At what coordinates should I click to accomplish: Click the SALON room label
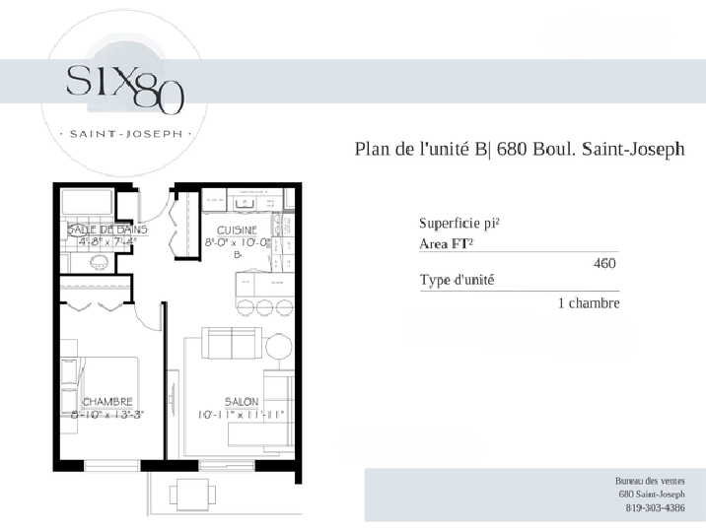[242, 401]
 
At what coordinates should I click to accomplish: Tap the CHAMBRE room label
[107, 401]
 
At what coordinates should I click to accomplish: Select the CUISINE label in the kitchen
[237, 231]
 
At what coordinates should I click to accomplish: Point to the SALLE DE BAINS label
[107, 230]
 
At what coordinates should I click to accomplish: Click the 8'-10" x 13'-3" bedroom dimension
[107, 415]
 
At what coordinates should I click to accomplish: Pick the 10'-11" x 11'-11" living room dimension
[242, 415]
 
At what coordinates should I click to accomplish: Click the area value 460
[604, 263]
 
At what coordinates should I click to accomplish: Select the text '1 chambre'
[589, 303]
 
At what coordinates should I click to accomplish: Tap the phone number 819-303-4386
[655, 508]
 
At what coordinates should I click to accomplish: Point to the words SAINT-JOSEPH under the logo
[126, 134]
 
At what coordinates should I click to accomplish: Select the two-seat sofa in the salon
[232, 343]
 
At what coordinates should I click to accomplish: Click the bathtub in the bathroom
[87, 202]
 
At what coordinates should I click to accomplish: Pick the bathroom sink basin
[99, 262]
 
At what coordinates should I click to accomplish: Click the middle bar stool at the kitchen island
[264, 307]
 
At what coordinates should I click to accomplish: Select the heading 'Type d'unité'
[457, 280]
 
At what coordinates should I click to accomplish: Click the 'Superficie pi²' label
[459, 223]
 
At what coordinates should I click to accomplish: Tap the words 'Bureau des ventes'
[650, 481]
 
